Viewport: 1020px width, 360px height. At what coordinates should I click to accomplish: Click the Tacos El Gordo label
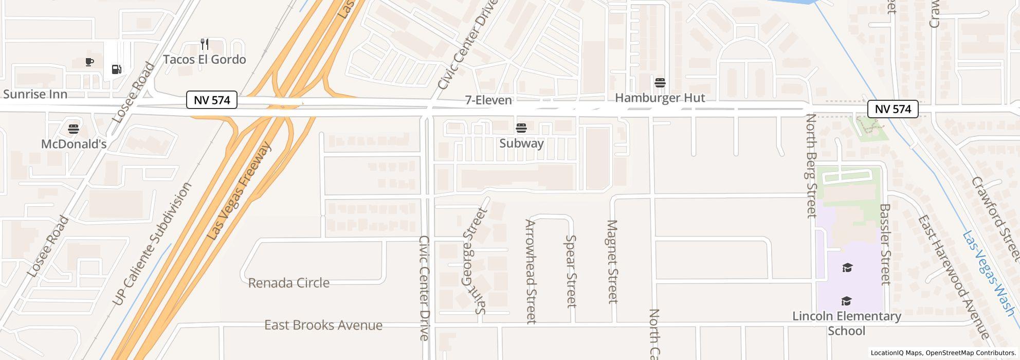205,60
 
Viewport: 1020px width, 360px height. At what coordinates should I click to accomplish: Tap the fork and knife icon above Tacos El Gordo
205,44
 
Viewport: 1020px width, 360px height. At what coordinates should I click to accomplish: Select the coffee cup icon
89,62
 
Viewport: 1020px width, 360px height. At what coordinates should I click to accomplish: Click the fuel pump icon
117,69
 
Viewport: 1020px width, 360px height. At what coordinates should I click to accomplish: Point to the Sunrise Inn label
35,94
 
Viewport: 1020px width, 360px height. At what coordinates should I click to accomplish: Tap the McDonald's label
74,144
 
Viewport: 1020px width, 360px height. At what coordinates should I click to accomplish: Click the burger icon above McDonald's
74,128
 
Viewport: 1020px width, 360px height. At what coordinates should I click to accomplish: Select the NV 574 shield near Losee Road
211,100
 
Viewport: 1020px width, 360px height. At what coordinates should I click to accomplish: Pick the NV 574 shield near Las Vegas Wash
893,109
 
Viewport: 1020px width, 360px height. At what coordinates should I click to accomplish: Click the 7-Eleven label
488,100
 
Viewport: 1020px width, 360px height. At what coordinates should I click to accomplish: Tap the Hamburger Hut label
660,98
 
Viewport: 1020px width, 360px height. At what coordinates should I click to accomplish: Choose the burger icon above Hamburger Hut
660,82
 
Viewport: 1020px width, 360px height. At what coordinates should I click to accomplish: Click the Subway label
521,143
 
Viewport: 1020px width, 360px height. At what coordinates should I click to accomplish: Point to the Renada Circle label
288,283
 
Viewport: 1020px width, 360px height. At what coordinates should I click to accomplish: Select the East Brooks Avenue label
323,325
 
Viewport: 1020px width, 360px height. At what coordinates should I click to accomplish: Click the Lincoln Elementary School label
846,323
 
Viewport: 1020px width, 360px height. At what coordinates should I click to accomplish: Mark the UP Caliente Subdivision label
153,243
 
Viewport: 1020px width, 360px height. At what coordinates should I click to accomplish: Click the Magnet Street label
612,261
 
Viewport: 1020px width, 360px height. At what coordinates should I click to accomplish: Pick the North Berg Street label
811,166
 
